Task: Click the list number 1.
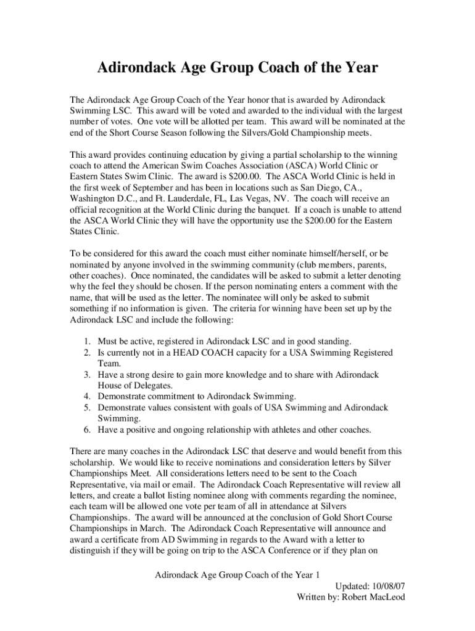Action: coord(88,341)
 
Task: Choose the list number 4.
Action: coord(88,397)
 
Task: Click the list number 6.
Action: coord(88,430)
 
